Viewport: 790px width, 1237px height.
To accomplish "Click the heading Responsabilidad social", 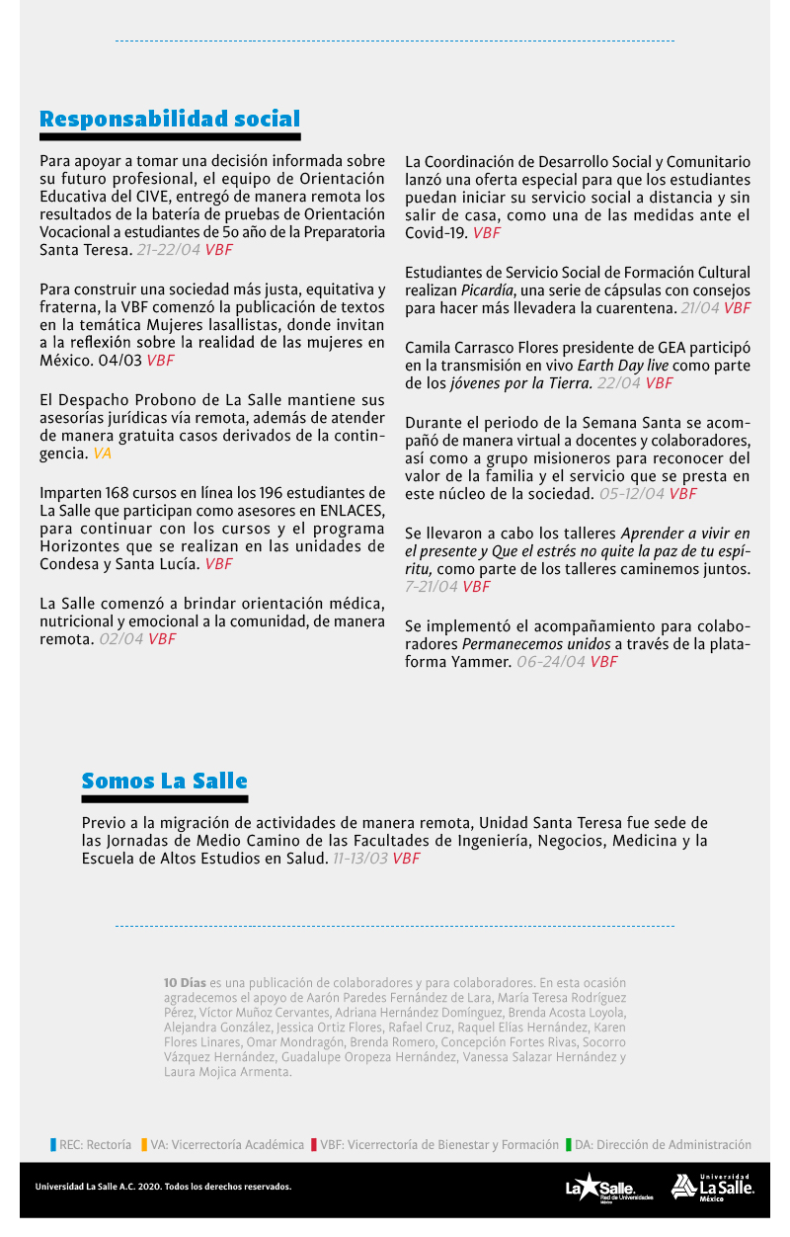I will pyautogui.click(x=170, y=120).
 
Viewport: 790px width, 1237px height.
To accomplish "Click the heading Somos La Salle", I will pyautogui.click(x=164, y=782).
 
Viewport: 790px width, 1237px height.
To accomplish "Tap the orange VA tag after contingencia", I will pyautogui.click(x=103, y=454).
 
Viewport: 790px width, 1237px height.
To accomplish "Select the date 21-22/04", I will pyautogui.click(x=168, y=250).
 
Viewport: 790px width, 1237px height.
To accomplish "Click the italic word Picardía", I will pyautogui.click(x=489, y=290).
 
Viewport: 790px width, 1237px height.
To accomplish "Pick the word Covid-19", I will pyautogui.click(x=436, y=233).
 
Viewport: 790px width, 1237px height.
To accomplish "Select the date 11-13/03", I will pyautogui.click(x=359, y=859).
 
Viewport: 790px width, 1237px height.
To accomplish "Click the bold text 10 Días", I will pyautogui.click(x=185, y=983).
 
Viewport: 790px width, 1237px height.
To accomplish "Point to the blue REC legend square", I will pyautogui.click(x=53, y=1145).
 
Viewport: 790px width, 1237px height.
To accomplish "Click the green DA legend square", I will pyautogui.click(x=569, y=1145).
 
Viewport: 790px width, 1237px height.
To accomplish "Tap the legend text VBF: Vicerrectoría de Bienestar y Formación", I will pyautogui.click(x=439, y=1145).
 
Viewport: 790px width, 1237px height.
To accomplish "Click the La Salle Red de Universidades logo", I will pyautogui.click(x=600, y=1188).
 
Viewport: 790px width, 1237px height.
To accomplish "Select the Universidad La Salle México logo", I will pyautogui.click(x=713, y=1187).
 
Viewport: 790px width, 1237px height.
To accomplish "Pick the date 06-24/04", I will pyautogui.click(x=550, y=662).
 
